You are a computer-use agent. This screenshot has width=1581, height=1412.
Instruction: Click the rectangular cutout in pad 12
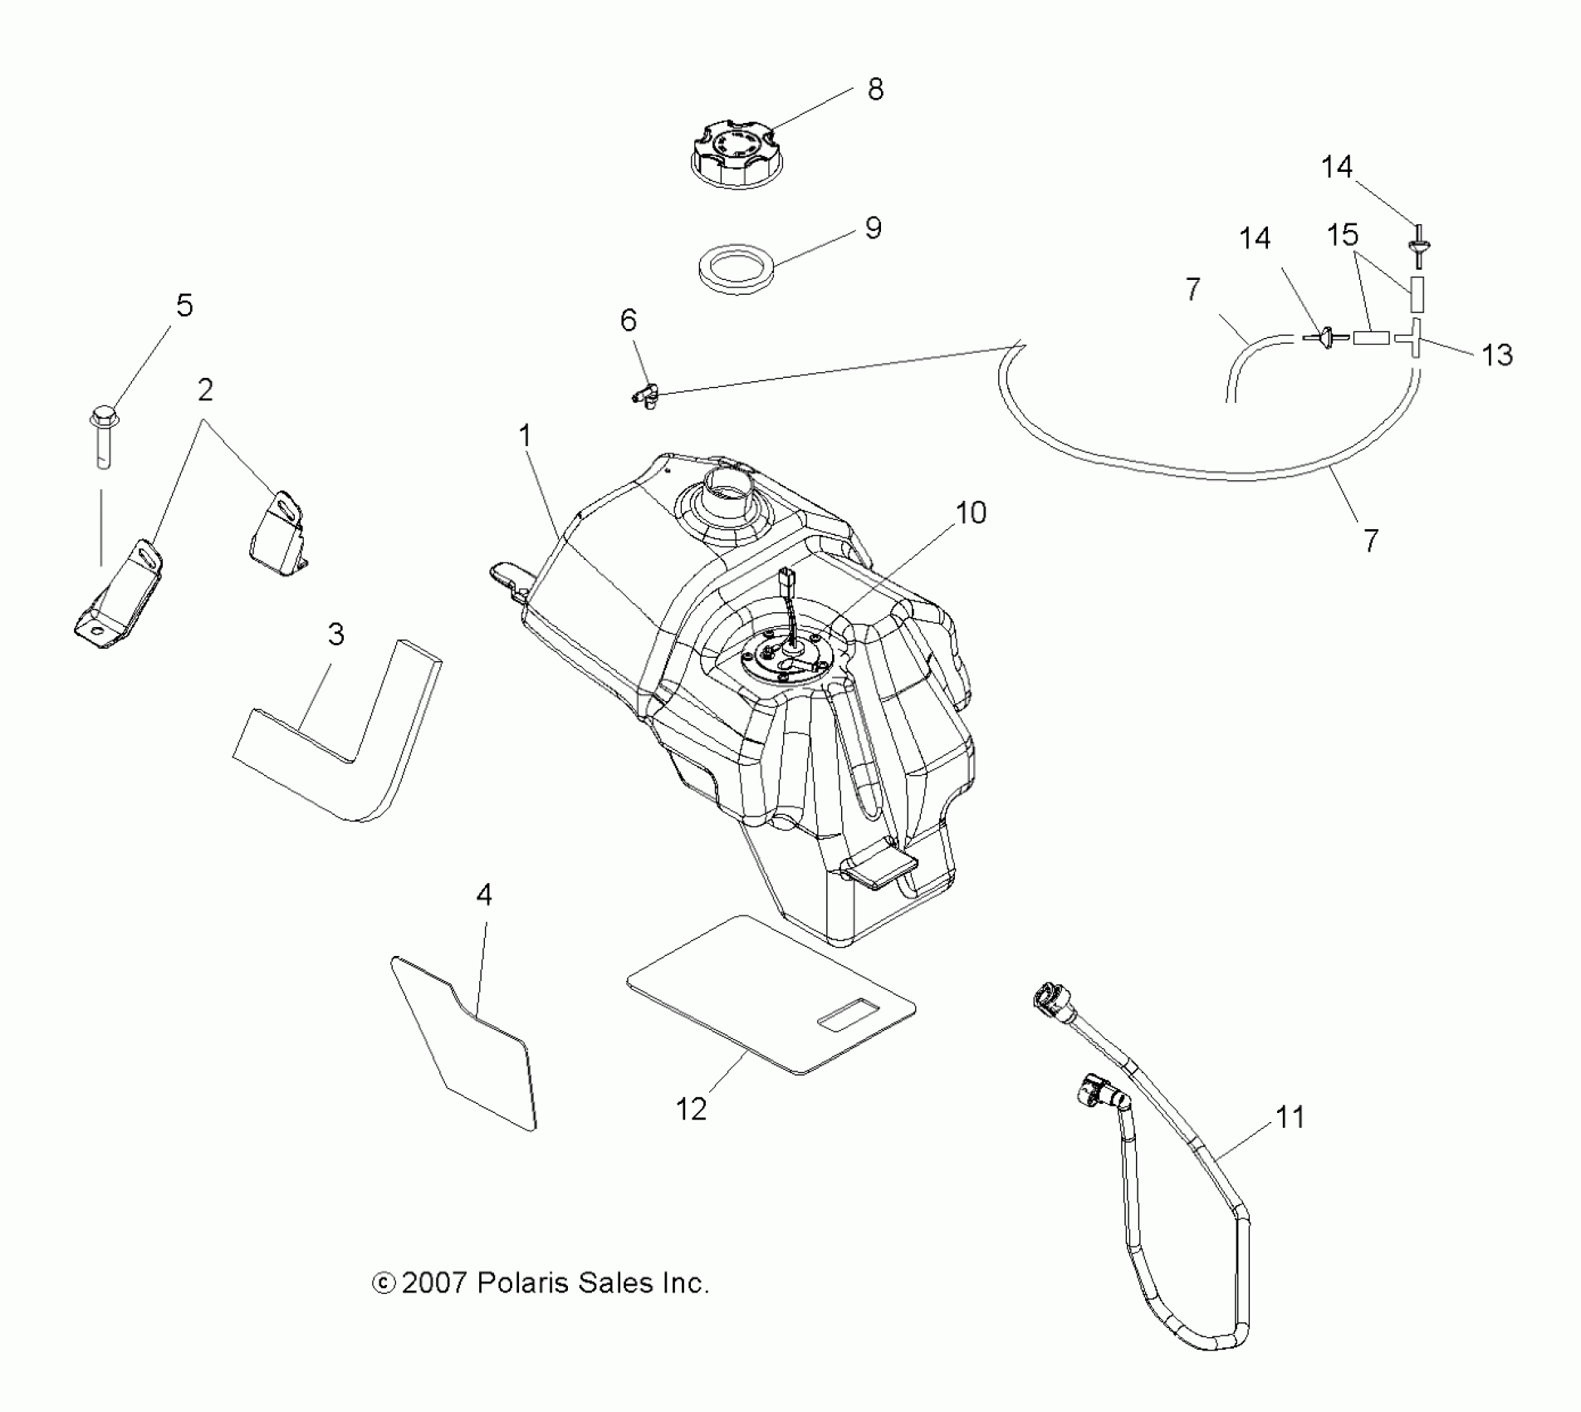[x=848, y=1015]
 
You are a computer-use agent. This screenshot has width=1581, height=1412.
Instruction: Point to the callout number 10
[x=971, y=512]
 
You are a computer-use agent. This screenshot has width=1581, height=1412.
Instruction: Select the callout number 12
[x=691, y=1108]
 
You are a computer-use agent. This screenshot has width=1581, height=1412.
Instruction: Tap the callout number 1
[x=525, y=434]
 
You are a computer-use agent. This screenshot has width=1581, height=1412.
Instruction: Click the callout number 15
[x=1342, y=235]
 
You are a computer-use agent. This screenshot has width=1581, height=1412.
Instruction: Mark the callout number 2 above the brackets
[x=205, y=390]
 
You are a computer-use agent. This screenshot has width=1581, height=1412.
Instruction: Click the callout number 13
[x=1497, y=355]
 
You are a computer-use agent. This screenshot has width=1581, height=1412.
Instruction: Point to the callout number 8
[x=875, y=89]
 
